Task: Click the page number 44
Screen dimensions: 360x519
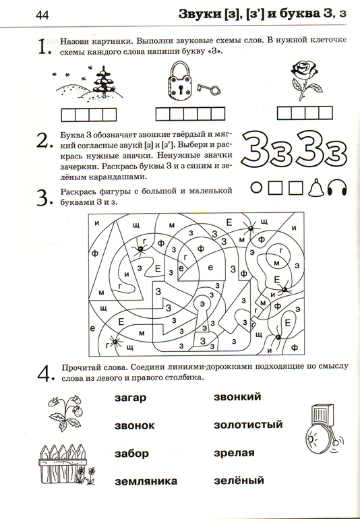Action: (42, 15)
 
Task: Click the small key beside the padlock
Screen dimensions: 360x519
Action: (208, 89)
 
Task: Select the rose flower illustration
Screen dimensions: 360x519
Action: (304, 80)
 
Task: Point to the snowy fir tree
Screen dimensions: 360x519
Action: (104, 82)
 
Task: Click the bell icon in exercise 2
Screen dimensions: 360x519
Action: (316, 188)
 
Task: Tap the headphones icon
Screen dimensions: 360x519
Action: (337, 187)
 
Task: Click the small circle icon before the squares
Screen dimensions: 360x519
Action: (256, 187)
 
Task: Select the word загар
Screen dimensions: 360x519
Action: (131, 397)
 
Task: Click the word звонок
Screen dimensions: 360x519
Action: (134, 425)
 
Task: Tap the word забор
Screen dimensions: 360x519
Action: (132, 453)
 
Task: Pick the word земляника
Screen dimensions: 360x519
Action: (146, 481)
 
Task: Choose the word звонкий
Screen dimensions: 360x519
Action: (237, 396)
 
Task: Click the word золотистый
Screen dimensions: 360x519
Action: (248, 425)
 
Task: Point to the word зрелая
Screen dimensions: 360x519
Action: (234, 453)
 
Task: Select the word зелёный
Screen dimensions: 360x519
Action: (239, 480)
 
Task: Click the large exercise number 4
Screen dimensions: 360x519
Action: (45, 373)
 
